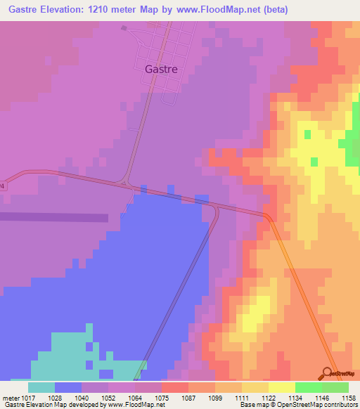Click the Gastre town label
[x=160, y=69]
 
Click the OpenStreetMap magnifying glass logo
[x=328, y=373]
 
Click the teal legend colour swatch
[x=41, y=387]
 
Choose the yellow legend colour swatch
[x=281, y=387]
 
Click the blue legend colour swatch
[x=67, y=387]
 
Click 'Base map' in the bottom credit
[x=251, y=405]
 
